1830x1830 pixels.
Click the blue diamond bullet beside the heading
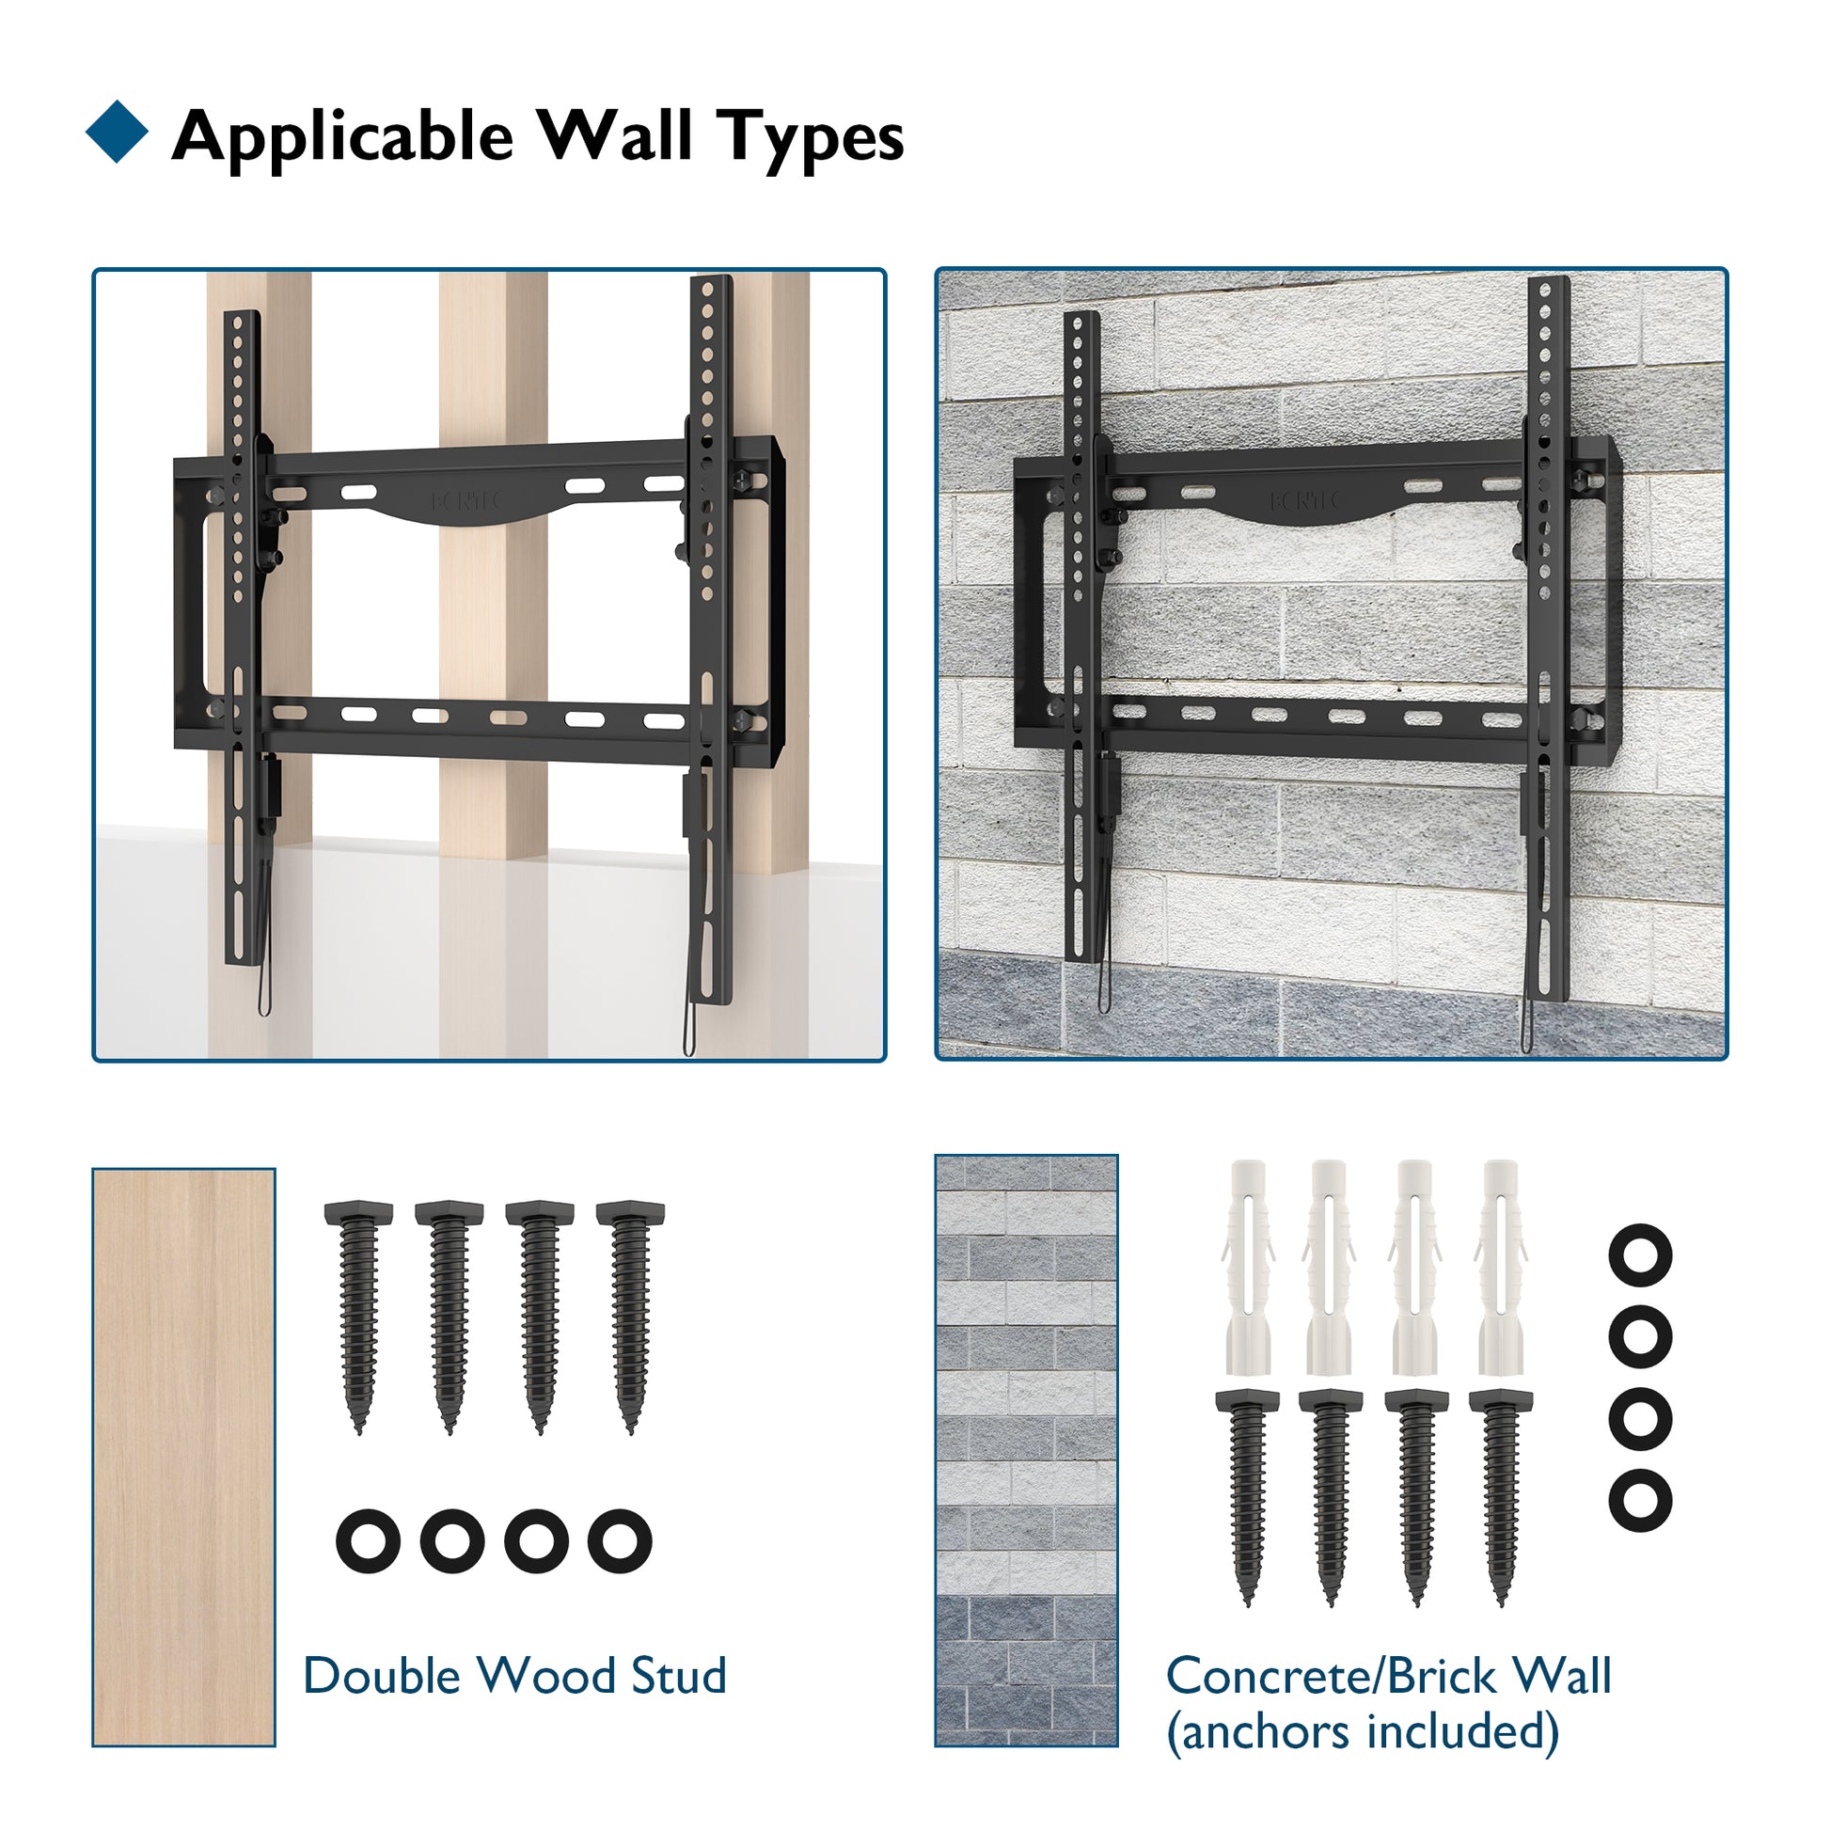[x=117, y=132]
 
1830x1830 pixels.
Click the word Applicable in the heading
[x=343, y=138]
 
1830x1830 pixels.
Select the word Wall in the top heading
[x=615, y=134]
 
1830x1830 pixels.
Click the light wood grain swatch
[x=183, y=1457]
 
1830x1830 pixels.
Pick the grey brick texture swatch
[x=1026, y=1450]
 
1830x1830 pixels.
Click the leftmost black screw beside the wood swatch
[x=359, y=1317]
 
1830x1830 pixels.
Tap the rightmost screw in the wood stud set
[x=631, y=1317]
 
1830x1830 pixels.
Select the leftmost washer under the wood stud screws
[x=369, y=1541]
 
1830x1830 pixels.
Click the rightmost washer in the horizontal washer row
[x=620, y=1541]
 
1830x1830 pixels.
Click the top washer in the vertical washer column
[x=1641, y=1255]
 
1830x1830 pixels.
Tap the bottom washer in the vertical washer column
[x=1641, y=1499]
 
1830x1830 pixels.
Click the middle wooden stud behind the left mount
[x=493, y=663]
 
